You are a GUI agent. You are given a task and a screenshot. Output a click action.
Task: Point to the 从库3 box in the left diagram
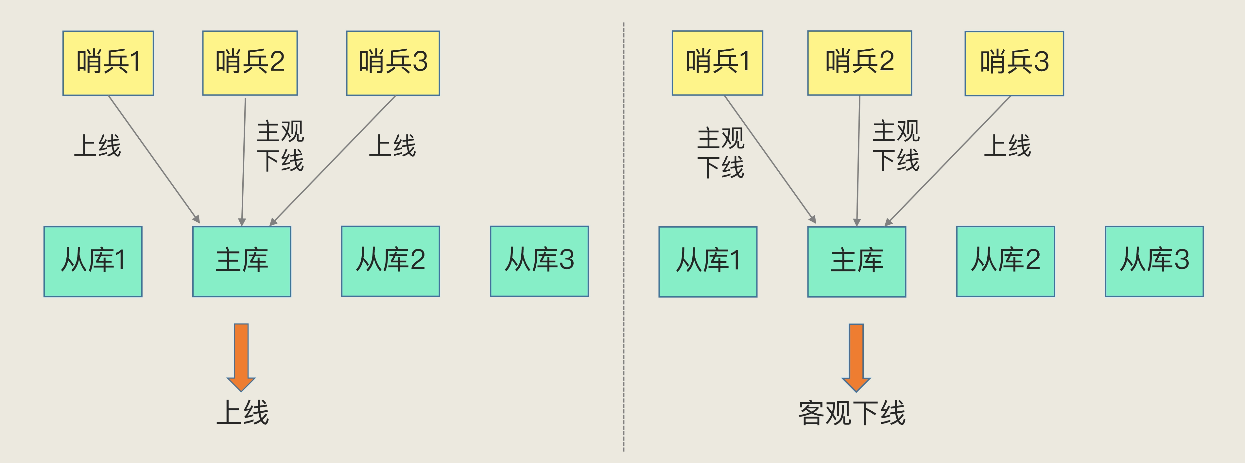point(539,261)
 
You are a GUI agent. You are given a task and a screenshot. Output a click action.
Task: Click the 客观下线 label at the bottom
point(852,414)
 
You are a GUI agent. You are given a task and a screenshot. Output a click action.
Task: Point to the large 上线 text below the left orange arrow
point(242,413)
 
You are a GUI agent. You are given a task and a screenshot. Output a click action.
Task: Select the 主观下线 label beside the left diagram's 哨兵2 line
point(280,146)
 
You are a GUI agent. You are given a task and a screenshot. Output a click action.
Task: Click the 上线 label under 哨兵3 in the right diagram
point(1007,146)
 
